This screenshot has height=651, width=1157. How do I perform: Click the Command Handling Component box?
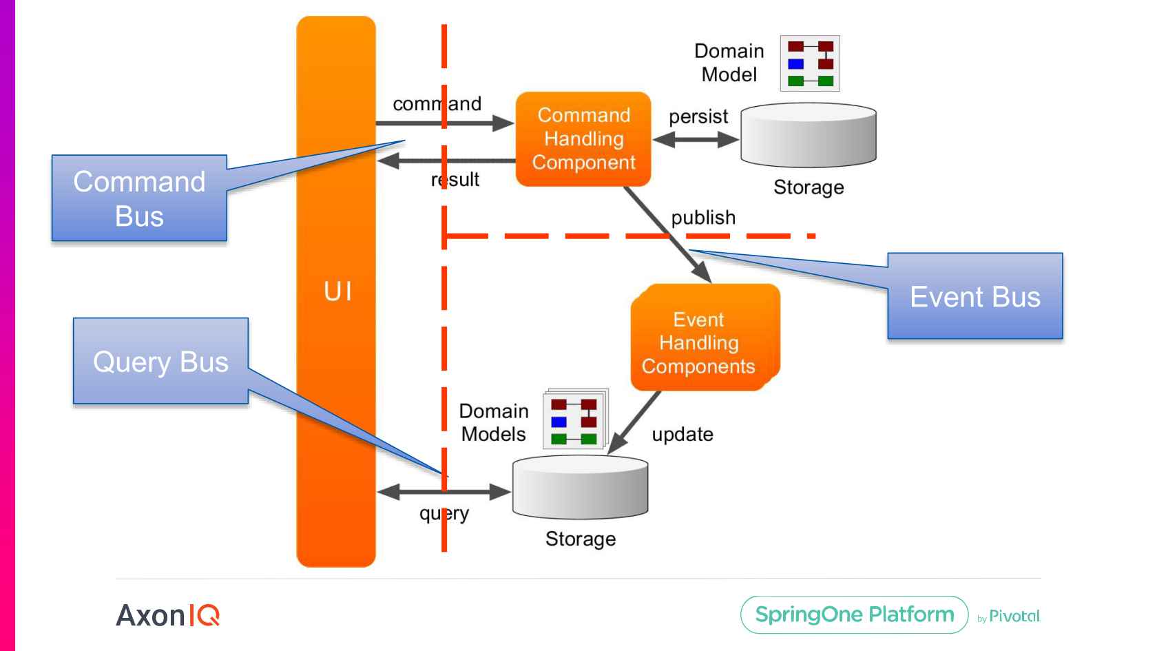pyautogui.click(x=583, y=138)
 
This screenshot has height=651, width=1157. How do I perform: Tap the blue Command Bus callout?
pyautogui.click(x=139, y=198)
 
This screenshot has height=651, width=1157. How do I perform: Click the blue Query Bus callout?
pyautogui.click(x=160, y=361)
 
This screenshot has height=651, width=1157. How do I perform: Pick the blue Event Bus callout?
pyautogui.click(x=974, y=296)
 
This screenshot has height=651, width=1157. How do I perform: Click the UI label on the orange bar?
pyautogui.click(x=337, y=291)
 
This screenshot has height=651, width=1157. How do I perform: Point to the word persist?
pyautogui.click(x=698, y=116)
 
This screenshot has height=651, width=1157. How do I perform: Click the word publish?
pyautogui.click(x=702, y=218)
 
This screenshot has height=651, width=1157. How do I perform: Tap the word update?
pyautogui.click(x=682, y=434)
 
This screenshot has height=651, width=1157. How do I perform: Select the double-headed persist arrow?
pyautogui.click(x=695, y=140)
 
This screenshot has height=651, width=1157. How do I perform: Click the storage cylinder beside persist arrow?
pyautogui.click(x=808, y=136)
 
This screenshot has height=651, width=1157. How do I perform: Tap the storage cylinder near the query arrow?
pyautogui.click(x=580, y=488)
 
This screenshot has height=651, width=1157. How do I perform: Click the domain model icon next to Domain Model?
pyautogui.click(x=810, y=63)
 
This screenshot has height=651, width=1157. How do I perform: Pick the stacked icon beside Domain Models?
pyautogui.click(x=575, y=420)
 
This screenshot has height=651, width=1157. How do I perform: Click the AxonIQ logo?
pyautogui.click(x=167, y=614)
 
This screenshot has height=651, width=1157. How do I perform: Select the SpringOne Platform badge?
pyautogui.click(x=854, y=614)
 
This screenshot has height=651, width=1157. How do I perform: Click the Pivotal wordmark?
pyautogui.click(x=1014, y=616)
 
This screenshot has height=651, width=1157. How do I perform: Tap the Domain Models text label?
pyautogui.click(x=493, y=422)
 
